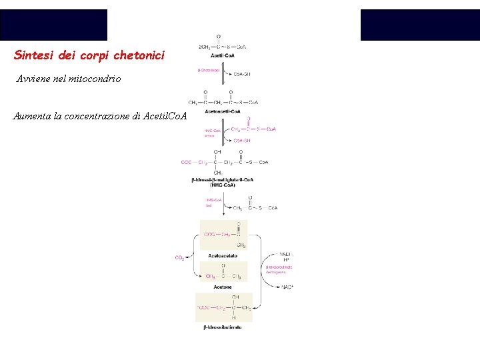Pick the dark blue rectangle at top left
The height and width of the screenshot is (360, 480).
pyautogui.click(x=53, y=25)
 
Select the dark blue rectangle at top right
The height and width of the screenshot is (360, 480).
pyautogui.click(x=420, y=25)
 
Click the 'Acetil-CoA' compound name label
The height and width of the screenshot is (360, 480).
pyautogui.click(x=221, y=57)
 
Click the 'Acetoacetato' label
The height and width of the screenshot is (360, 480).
pyautogui.click(x=223, y=255)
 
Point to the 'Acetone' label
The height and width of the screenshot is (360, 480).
pyautogui.click(x=223, y=287)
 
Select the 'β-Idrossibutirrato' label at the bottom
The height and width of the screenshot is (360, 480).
pyautogui.click(x=223, y=327)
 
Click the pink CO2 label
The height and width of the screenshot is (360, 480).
pyautogui.click(x=179, y=258)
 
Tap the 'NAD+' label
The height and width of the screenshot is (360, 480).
pyautogui.click(x=287, y=287)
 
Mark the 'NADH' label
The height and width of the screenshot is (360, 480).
pyautogui.click(x=287, y=254)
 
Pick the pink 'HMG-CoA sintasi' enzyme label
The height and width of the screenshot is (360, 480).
pyautogui.click(x=213, y=133)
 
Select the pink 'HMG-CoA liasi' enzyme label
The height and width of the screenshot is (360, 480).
pyautogui.click(x=213, y=203)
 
